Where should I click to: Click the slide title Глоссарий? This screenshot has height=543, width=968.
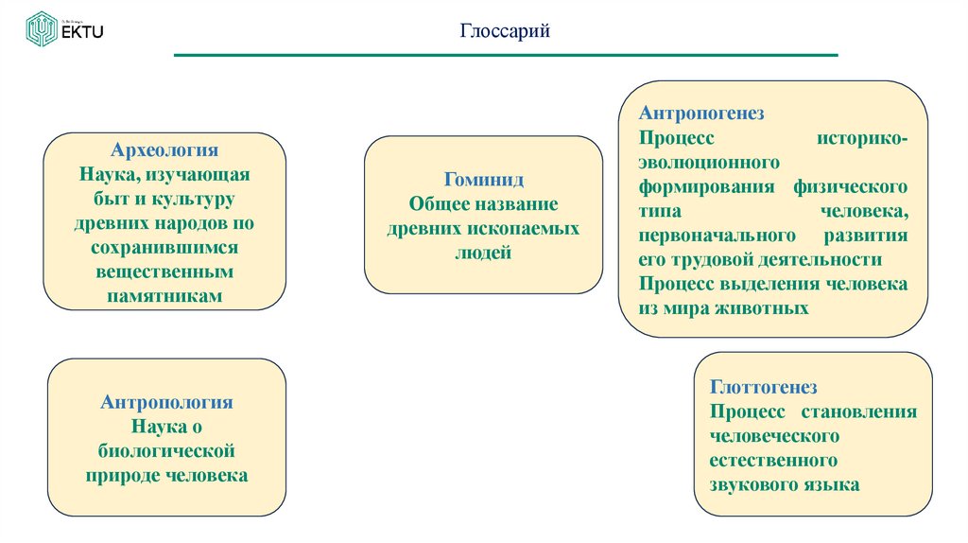505,32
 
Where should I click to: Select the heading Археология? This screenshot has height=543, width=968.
164,151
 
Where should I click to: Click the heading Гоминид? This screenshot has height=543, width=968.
483,180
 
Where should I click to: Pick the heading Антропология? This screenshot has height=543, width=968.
166,402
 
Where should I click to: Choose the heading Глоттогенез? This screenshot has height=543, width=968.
763,387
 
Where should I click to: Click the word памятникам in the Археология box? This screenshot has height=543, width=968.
164,295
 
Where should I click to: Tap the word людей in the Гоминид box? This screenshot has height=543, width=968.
483,253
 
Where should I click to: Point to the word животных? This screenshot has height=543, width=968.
763,308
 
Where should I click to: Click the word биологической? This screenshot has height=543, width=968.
166,451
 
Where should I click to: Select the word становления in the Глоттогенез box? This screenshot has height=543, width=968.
858,412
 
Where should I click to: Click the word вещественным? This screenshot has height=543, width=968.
164,271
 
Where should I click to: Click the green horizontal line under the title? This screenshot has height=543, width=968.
506,56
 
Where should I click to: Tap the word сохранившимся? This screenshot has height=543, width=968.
164,247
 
